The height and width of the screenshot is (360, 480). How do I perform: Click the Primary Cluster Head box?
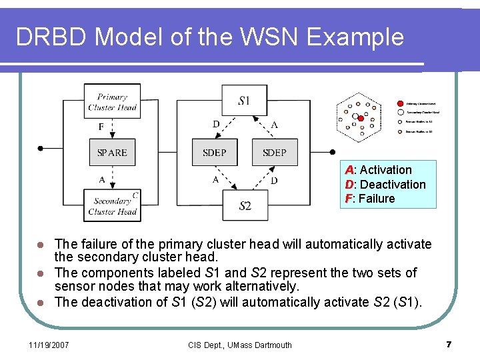112,101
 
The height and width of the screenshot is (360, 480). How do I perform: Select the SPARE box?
112,153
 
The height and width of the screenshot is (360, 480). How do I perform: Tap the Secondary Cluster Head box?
112,206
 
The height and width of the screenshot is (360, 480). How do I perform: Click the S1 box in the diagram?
244,101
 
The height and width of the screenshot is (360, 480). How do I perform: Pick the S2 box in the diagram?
245,206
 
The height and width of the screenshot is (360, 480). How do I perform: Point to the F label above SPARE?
101,127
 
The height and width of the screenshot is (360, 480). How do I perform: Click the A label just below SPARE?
101,179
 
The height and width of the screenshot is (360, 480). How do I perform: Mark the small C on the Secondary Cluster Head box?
135,195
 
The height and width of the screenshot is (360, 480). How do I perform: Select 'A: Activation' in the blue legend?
378,170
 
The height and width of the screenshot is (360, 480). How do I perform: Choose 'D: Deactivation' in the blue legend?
385,185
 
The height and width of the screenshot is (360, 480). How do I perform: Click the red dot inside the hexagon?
361,118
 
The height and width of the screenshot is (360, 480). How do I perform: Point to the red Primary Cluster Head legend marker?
400,103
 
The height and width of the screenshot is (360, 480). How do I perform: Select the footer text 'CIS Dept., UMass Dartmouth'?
241,345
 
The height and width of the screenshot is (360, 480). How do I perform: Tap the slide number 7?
449,344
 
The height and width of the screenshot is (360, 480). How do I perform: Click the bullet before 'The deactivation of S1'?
41,303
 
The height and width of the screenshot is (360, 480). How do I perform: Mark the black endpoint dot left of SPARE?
41,148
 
